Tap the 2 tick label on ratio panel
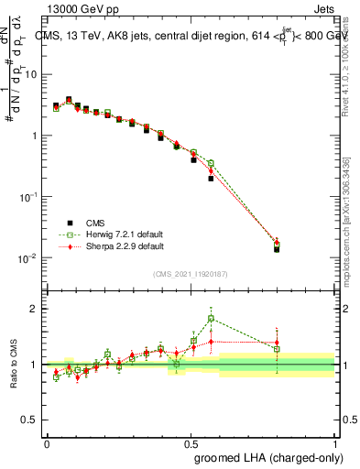pos(36,309)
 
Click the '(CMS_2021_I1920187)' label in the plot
pos(190,274)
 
